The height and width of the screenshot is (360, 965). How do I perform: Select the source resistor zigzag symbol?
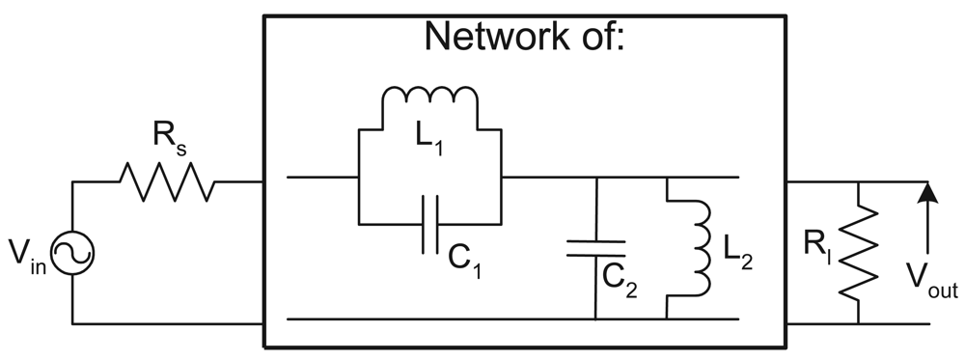pos(164,180)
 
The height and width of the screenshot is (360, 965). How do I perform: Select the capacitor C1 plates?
pos(430,224)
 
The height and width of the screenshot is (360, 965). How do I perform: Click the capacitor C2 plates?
pos(595,248)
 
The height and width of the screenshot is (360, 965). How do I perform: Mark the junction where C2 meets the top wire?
pos(595,179)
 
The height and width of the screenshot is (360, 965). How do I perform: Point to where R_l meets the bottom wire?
pos(858,322)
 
